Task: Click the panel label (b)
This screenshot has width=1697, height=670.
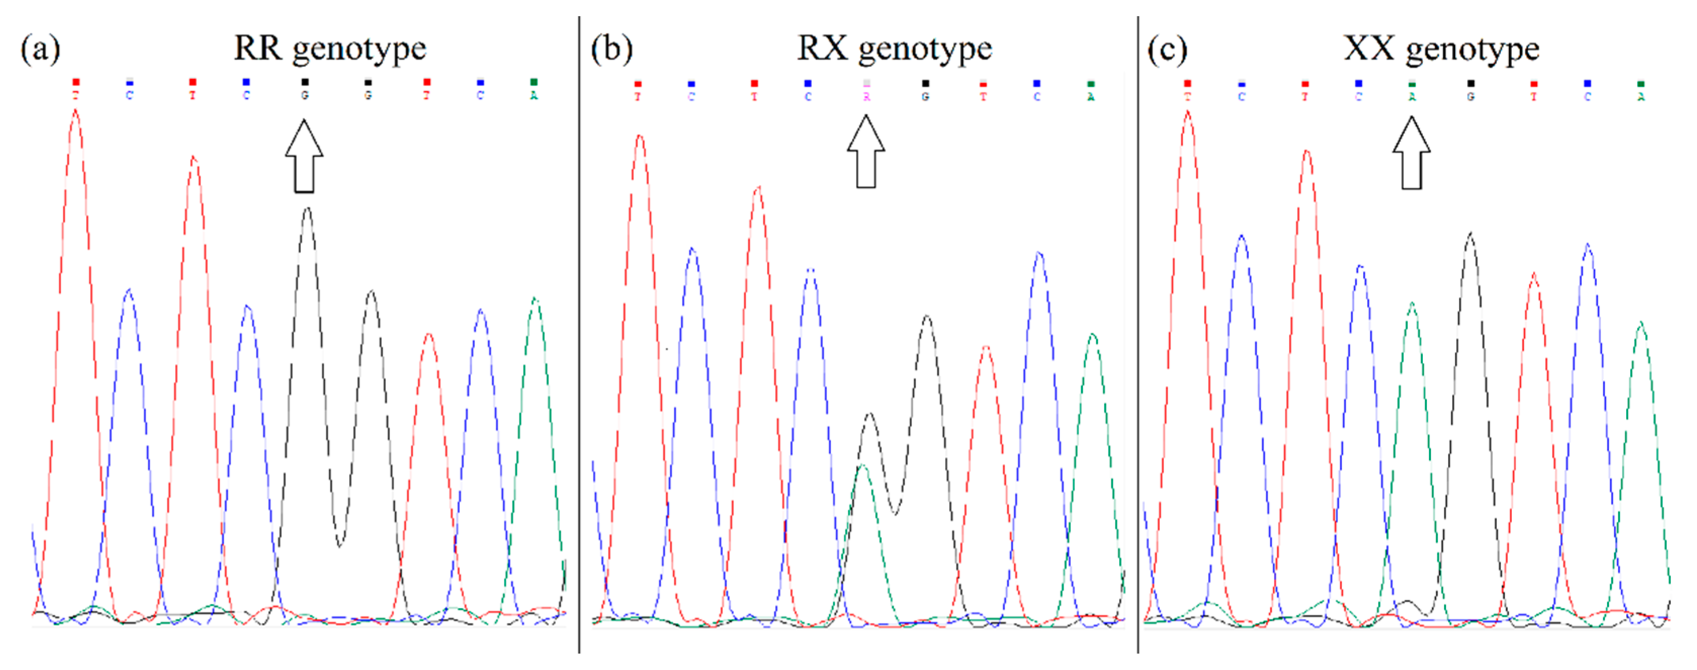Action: [612, 50]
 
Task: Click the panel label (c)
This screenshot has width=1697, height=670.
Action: [1167, 50]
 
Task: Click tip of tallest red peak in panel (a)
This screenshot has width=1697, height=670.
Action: [76, 112]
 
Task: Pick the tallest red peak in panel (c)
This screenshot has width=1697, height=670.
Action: [1188, 113]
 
